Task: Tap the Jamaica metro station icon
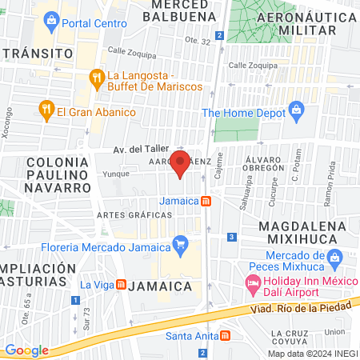tap(206, 201)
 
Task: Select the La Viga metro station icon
tap(121, 284)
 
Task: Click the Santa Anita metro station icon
tap(226, 335)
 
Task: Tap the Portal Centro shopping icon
tap(52, 18)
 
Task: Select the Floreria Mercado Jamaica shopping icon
tap(181, 244)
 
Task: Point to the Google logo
tap(26, 350)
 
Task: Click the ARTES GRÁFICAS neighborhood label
tap(124, 215)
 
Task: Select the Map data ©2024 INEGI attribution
tap(312, 353)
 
